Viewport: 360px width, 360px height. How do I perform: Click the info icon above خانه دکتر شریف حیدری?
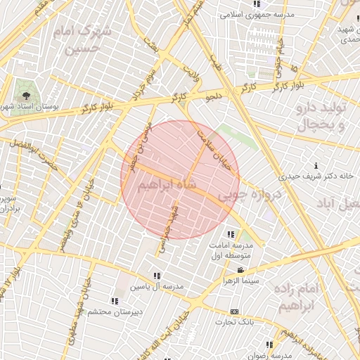click(324, 165)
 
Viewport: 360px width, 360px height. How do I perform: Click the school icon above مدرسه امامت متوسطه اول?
click(230, 234)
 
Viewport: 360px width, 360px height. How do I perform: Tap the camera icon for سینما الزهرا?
click(240, 271)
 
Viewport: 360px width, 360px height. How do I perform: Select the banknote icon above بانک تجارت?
click(234, 311)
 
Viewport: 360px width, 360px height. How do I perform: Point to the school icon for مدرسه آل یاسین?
click(157, 276)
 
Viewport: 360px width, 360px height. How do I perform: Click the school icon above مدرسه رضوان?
click(269, 345)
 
